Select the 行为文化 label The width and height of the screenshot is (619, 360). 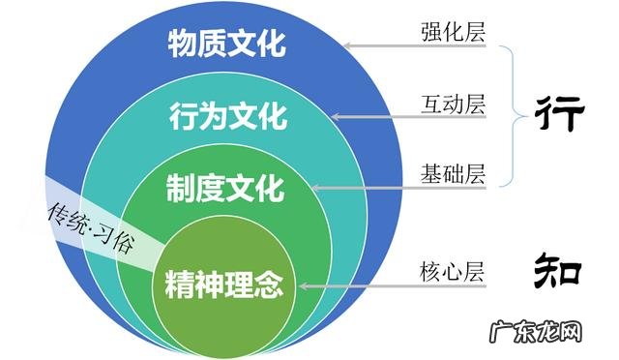[228, 117]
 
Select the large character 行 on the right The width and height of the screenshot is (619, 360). [560, 114]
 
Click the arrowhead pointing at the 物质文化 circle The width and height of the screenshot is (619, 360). [348, 45]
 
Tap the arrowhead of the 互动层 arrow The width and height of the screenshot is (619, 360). [334, 117]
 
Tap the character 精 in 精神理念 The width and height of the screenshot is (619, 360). [179, 285]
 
